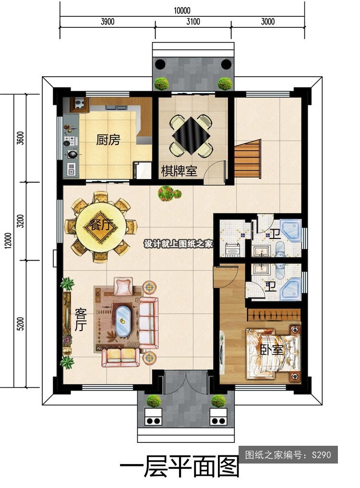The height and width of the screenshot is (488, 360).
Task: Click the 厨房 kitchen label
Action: [108, 140]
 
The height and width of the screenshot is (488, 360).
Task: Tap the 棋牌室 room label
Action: [179, 171]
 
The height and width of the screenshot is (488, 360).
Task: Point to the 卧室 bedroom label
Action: [272, 350]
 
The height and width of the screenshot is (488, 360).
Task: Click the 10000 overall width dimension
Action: [182, 11]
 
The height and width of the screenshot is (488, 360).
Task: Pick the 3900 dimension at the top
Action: [108, 22]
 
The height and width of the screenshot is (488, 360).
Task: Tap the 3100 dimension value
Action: [193, 22]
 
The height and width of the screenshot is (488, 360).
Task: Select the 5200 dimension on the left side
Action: [20, 324]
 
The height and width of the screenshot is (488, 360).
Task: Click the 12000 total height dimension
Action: [8, 240]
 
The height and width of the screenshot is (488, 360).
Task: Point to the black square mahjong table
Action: [191, 136]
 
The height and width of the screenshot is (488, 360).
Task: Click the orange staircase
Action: [247, 159]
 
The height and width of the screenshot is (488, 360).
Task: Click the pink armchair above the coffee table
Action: [123, 286]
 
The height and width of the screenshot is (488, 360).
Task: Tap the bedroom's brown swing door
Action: [225, 276]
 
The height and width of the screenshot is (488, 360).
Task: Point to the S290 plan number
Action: [322, 455]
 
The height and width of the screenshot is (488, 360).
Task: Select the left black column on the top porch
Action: [160, 64]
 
